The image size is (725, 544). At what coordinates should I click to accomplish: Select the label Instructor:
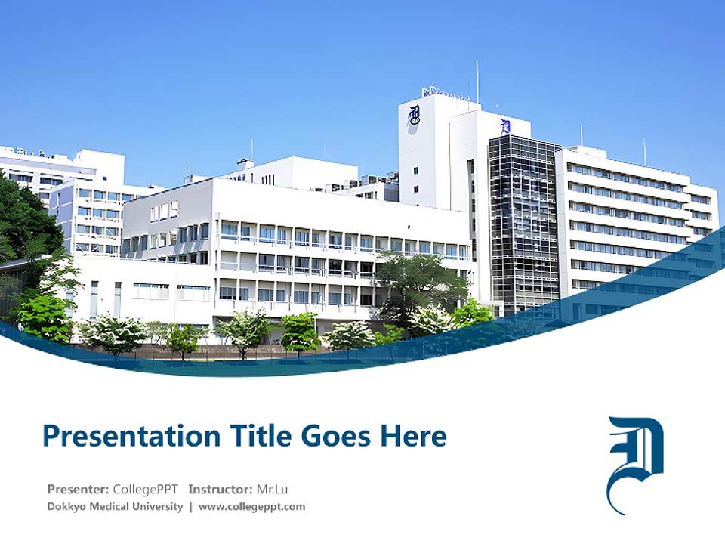tap(220, 489)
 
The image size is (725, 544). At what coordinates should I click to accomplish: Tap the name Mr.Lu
tap(272, 489)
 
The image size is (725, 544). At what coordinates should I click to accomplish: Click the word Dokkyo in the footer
tap(66, 507)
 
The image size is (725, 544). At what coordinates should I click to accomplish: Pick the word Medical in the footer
tap(110, 507)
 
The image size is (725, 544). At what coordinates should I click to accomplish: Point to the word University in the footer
tap(158, 507)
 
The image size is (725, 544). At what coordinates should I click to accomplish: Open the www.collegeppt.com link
tap(252, 507)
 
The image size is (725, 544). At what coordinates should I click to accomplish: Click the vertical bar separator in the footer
tap(190, 507)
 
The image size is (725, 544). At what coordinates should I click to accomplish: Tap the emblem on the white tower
tap(414, 116)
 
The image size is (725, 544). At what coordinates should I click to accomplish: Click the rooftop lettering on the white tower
tap(446, 93)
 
